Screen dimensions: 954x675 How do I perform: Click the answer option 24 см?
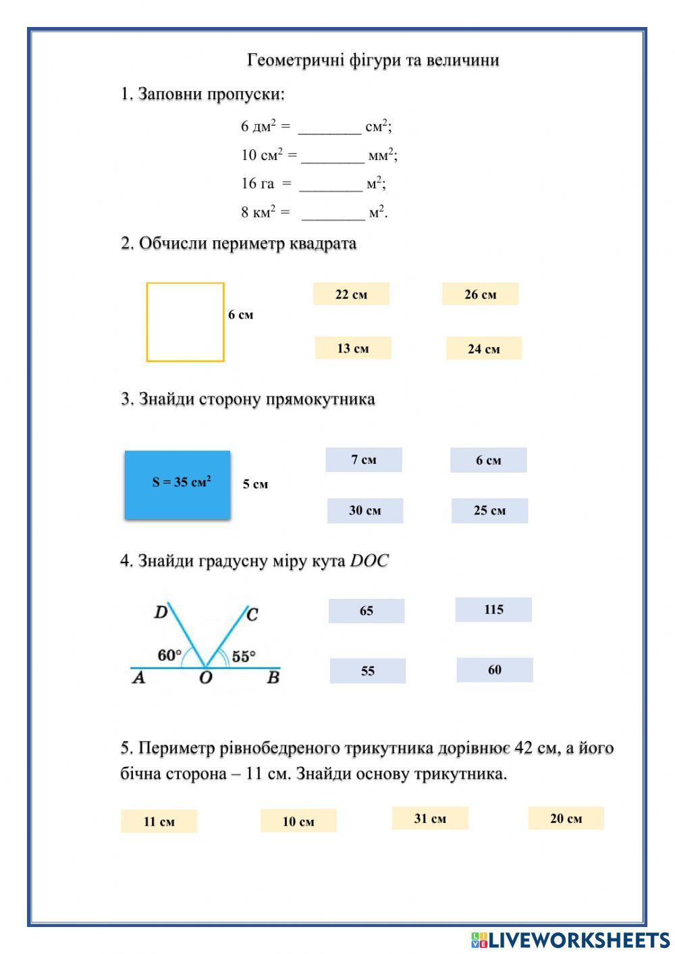tap(483, 348)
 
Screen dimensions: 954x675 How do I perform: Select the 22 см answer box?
tap(351, 294)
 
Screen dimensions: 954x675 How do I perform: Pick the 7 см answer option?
tap(363, 460)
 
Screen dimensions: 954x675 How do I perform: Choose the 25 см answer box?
tap(489, 510)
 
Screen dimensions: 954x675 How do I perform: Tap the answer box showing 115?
tap(493, 610)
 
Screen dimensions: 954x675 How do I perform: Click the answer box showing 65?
tap(367, 611)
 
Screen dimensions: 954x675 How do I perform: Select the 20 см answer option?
tap(566, 818)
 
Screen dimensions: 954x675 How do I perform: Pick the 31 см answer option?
tap(430, 818)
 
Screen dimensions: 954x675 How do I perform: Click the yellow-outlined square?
tap(185, 322)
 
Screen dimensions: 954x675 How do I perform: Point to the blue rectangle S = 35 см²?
tap(178, 485)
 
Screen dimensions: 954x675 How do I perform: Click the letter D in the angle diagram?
tap(161, 612)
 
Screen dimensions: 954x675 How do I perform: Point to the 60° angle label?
tap(169, 655)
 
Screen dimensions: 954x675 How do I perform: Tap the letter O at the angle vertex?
tap(206, 677)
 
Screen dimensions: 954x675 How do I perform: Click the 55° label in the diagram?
tap(244, 656)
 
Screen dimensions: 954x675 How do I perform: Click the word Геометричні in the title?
tap(295, 60)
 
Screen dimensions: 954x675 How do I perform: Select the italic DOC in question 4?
tap(369, 561)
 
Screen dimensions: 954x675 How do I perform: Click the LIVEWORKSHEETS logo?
tap(570, 939)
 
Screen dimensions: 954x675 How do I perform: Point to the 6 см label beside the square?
tap(240, 315)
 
